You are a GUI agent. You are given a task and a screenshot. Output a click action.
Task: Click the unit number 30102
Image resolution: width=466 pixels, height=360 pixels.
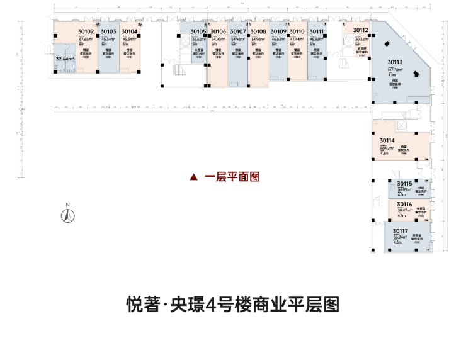[x=86, y=31]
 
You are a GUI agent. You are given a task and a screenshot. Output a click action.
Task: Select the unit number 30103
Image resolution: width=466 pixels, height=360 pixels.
[x=108, y=31]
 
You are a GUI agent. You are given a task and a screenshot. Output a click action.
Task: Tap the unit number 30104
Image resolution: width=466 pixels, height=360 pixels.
[x=130, y=31]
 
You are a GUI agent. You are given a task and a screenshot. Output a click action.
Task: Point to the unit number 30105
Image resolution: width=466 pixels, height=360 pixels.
[x=198, y=31]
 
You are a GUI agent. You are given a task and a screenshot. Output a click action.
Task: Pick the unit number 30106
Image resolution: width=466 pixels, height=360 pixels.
[x=218, y=31]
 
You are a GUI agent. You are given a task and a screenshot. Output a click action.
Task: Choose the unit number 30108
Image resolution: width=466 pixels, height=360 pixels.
[x=258, y=31]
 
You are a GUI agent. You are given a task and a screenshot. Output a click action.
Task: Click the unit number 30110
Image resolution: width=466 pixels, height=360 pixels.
[x=298, y=31]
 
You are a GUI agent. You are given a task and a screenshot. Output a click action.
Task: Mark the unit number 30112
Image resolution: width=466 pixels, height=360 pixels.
[x=361, y=30]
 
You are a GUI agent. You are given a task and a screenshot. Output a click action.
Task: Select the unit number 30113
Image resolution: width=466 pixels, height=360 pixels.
[x=395, y=62]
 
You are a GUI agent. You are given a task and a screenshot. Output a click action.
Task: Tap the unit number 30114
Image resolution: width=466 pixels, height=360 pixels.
[x=387, y=140]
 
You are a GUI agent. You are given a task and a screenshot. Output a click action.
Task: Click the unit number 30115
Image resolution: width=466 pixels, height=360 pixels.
[x=404, y=183]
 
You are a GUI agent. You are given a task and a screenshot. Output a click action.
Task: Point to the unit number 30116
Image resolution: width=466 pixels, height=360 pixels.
[x=404, y=205]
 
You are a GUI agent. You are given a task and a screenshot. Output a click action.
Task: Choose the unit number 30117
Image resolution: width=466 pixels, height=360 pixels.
[x=401, y=232]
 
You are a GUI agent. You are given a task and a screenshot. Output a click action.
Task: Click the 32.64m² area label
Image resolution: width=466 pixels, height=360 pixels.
[x=65, y=59]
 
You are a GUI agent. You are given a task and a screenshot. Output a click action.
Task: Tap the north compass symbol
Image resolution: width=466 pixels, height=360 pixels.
[x=67, y=215]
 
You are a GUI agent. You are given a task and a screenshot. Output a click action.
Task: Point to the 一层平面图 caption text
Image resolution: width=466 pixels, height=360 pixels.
[x=232, y=177]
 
